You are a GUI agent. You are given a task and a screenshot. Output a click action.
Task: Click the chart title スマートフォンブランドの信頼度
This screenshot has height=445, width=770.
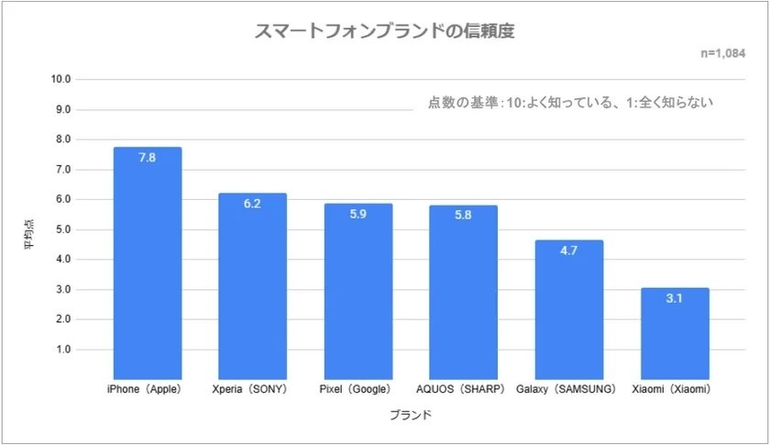click(x=384, y=31)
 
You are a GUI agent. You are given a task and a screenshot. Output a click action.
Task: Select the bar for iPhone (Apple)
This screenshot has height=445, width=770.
click(x=148, y=266)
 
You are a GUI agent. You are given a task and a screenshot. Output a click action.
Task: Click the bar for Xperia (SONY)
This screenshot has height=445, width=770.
click(x=252, y=289)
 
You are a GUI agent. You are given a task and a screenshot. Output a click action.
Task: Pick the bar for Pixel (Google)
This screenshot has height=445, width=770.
click(x=357, y=294)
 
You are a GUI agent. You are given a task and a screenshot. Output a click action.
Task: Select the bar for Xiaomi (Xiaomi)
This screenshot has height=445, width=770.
click(x=674, y=335)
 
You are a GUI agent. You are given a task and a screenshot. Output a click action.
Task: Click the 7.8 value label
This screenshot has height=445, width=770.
click(x=148, y=158)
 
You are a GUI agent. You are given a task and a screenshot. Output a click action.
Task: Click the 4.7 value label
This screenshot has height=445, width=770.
click(x=568, y=250)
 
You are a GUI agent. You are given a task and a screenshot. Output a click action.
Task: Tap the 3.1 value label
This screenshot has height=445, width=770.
click(x=674, y=298)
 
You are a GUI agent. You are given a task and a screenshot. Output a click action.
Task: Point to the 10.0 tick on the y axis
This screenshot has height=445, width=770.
click(x=61, y=80)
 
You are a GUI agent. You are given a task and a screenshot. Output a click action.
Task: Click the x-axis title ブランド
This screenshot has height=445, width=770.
click(x=410, y=416)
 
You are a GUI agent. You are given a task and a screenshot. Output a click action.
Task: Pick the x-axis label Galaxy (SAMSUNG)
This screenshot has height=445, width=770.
click(x=568, y=389)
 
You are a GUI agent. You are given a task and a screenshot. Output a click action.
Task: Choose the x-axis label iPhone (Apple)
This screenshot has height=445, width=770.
click(x=148, y=389)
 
